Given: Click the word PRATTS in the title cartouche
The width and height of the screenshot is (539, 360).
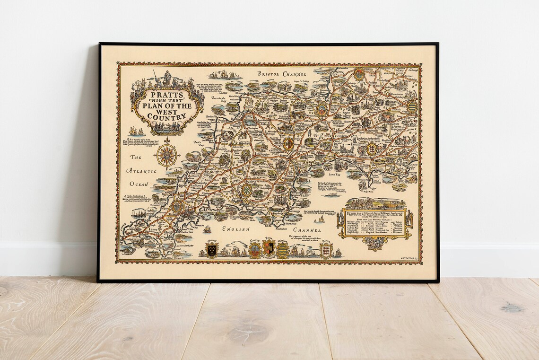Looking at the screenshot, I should pos(163,94).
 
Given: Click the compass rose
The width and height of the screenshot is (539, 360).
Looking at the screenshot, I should pos(167,154).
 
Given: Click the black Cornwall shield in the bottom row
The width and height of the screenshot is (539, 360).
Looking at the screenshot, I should pos(211,250).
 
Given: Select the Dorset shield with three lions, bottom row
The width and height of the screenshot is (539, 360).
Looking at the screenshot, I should pos(325,250).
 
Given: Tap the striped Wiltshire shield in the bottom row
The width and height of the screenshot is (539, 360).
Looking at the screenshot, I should pos(282,250).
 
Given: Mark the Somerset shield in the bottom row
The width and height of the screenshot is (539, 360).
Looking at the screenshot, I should pos(255,249).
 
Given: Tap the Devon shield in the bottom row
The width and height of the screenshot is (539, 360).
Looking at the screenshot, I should pos(269,248).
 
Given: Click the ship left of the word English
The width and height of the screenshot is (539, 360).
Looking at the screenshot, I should pos(207,229).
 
